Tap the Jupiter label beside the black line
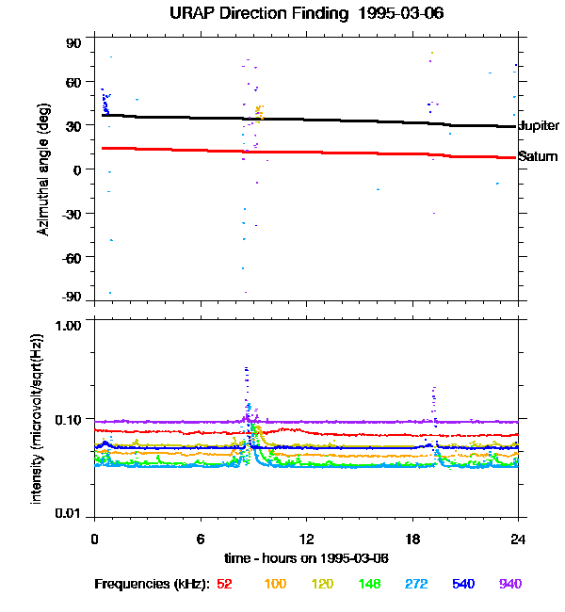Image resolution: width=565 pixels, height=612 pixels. (x=538, y=125)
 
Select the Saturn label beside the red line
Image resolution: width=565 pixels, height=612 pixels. (x=538, y=156)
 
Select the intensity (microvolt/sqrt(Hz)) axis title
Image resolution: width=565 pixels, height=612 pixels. (x=38, y=417)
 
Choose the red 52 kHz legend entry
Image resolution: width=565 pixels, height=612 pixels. (x=225, y=584)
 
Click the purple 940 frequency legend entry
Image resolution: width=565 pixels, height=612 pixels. (x=510, y=584)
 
